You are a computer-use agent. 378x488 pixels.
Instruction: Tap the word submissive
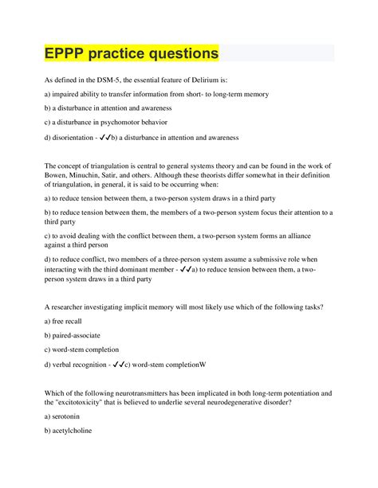(x=263, y=260)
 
